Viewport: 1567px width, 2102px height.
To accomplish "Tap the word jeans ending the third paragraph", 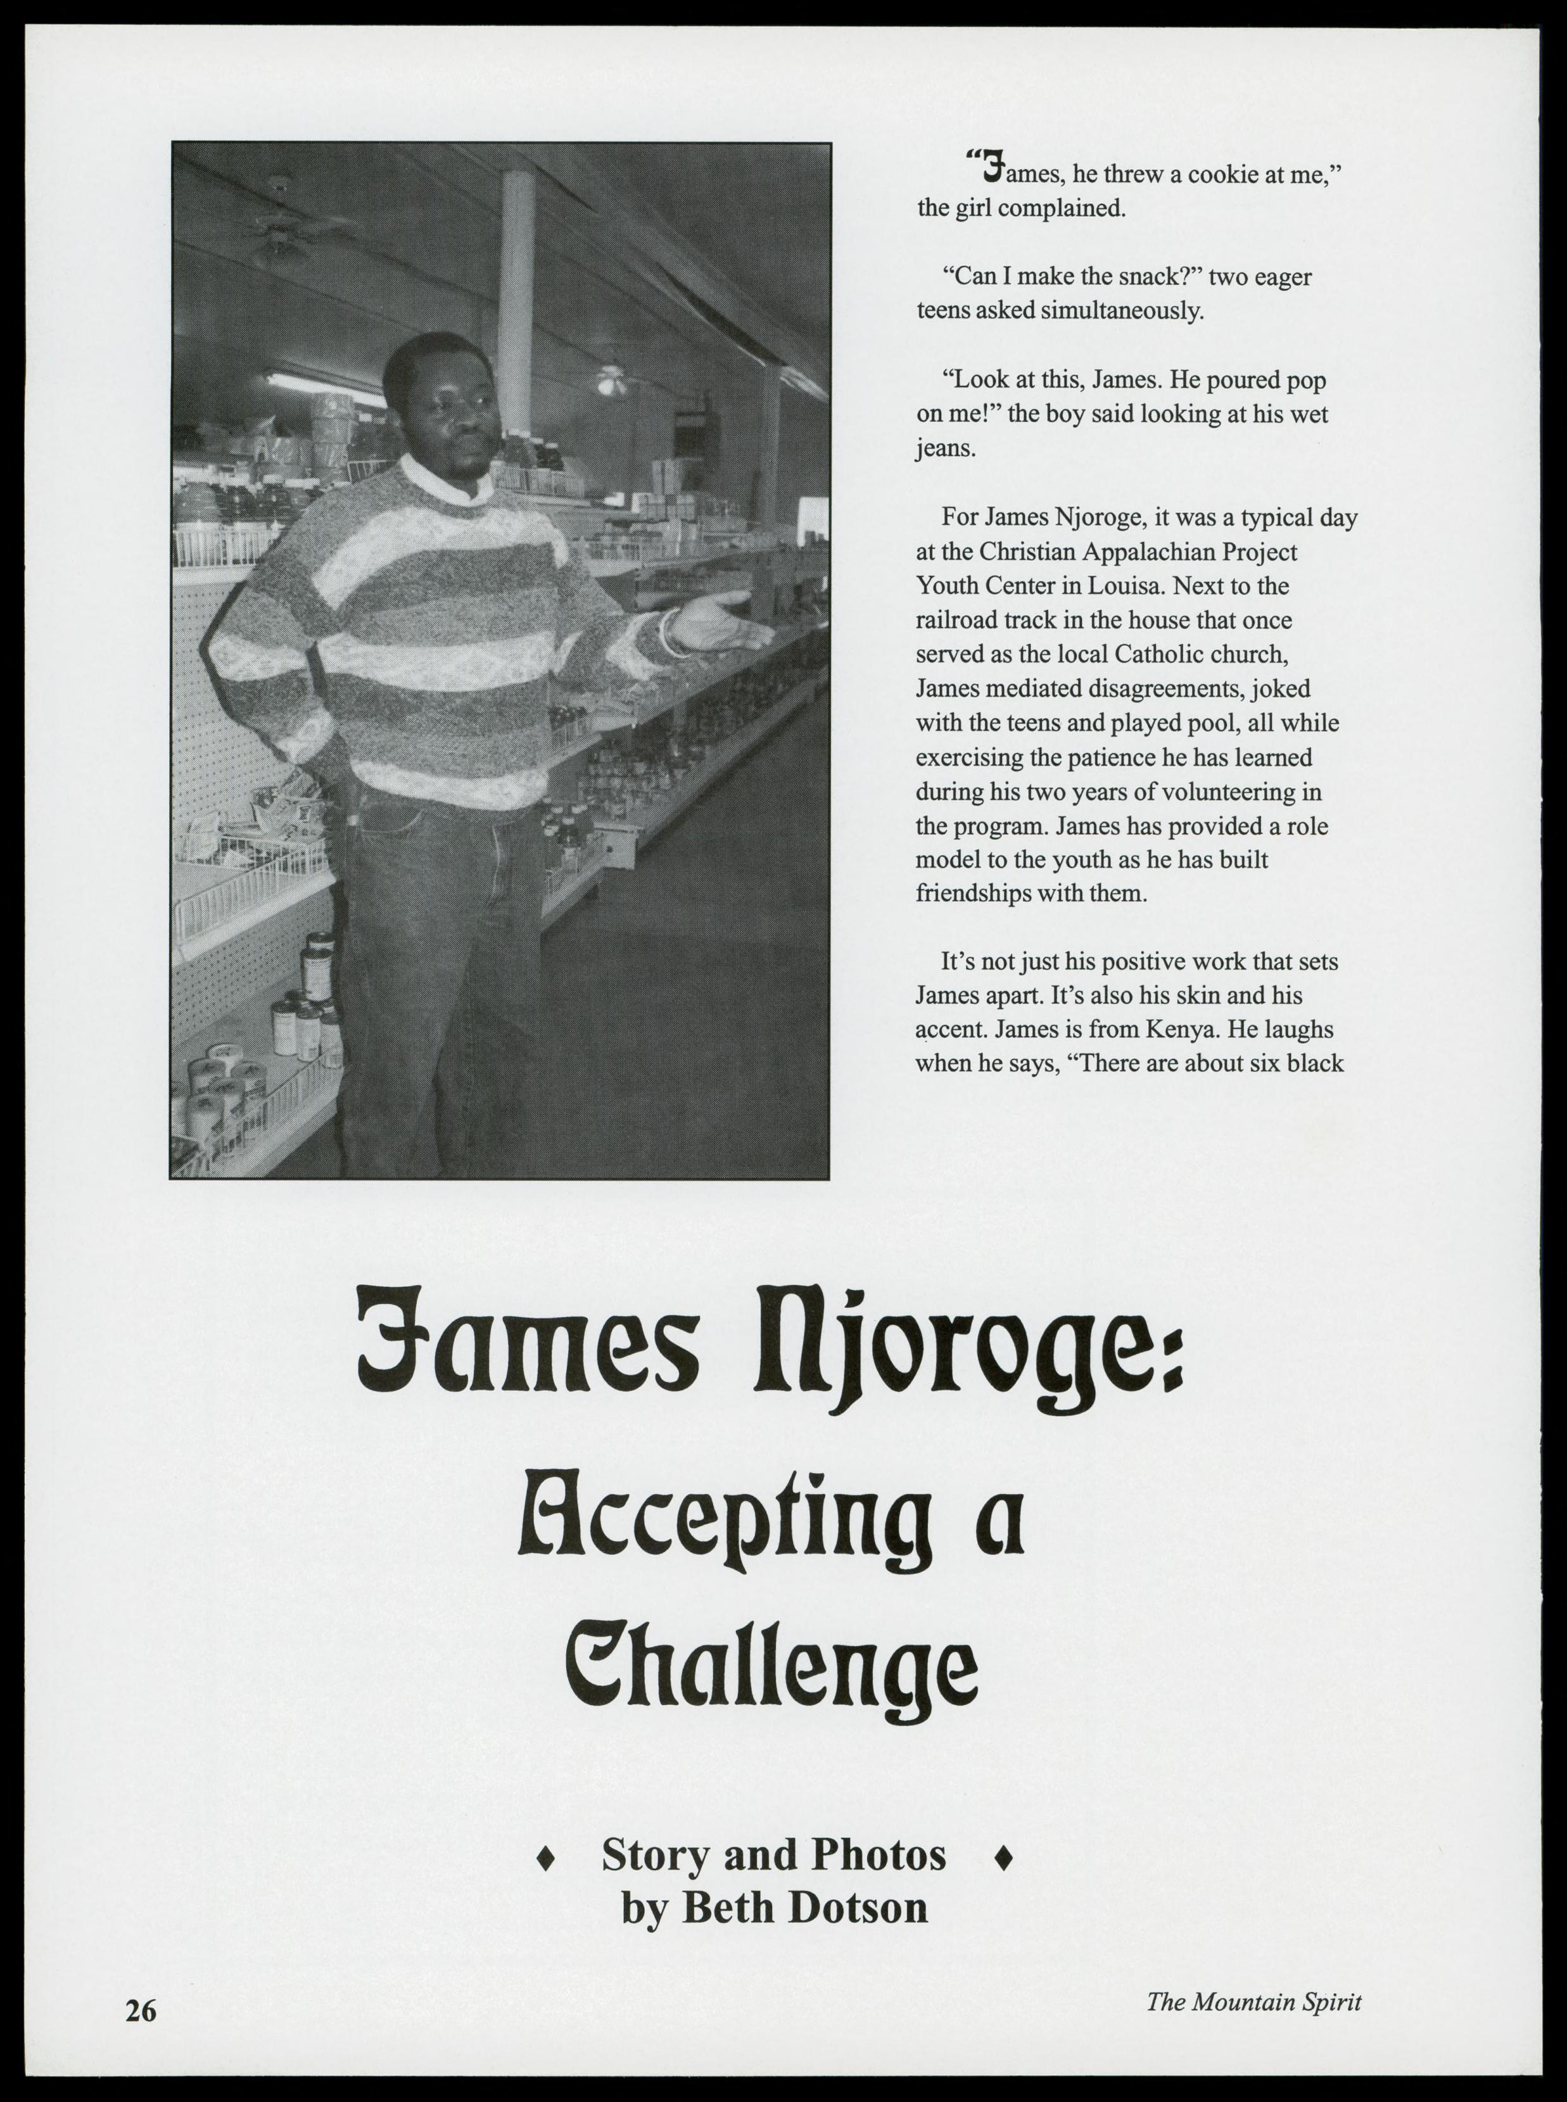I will pyautogui.click(x=945, y=448).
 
